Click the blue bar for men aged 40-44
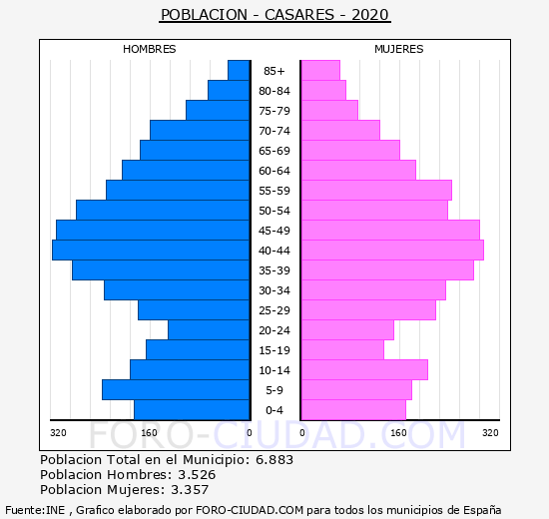(x=151, y=251)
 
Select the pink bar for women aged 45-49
(x=390, y=231)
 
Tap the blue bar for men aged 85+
(x=239, y=71)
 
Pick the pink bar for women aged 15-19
(x=342, y=350)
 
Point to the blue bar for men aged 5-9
(x=176, y=390)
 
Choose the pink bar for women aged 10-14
(x=364, y=370)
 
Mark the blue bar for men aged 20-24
(x=209, y=330)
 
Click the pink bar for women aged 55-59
(x=376, y=191)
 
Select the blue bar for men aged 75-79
(x=218, y=111)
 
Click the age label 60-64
(x=274, y=171)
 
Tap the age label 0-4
(x=274, y=410)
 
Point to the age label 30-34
(x=274, y=290)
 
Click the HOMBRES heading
(x=150, y=49)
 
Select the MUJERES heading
(x=399, y=49)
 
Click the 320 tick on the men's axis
(x=58, y=433)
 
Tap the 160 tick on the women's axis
(x=399, y=433)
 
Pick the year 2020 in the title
(x=370, y=15)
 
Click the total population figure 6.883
(x=274, y=459)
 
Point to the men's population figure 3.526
(x=197, y=474)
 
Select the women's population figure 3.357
(x=190, y=490)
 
